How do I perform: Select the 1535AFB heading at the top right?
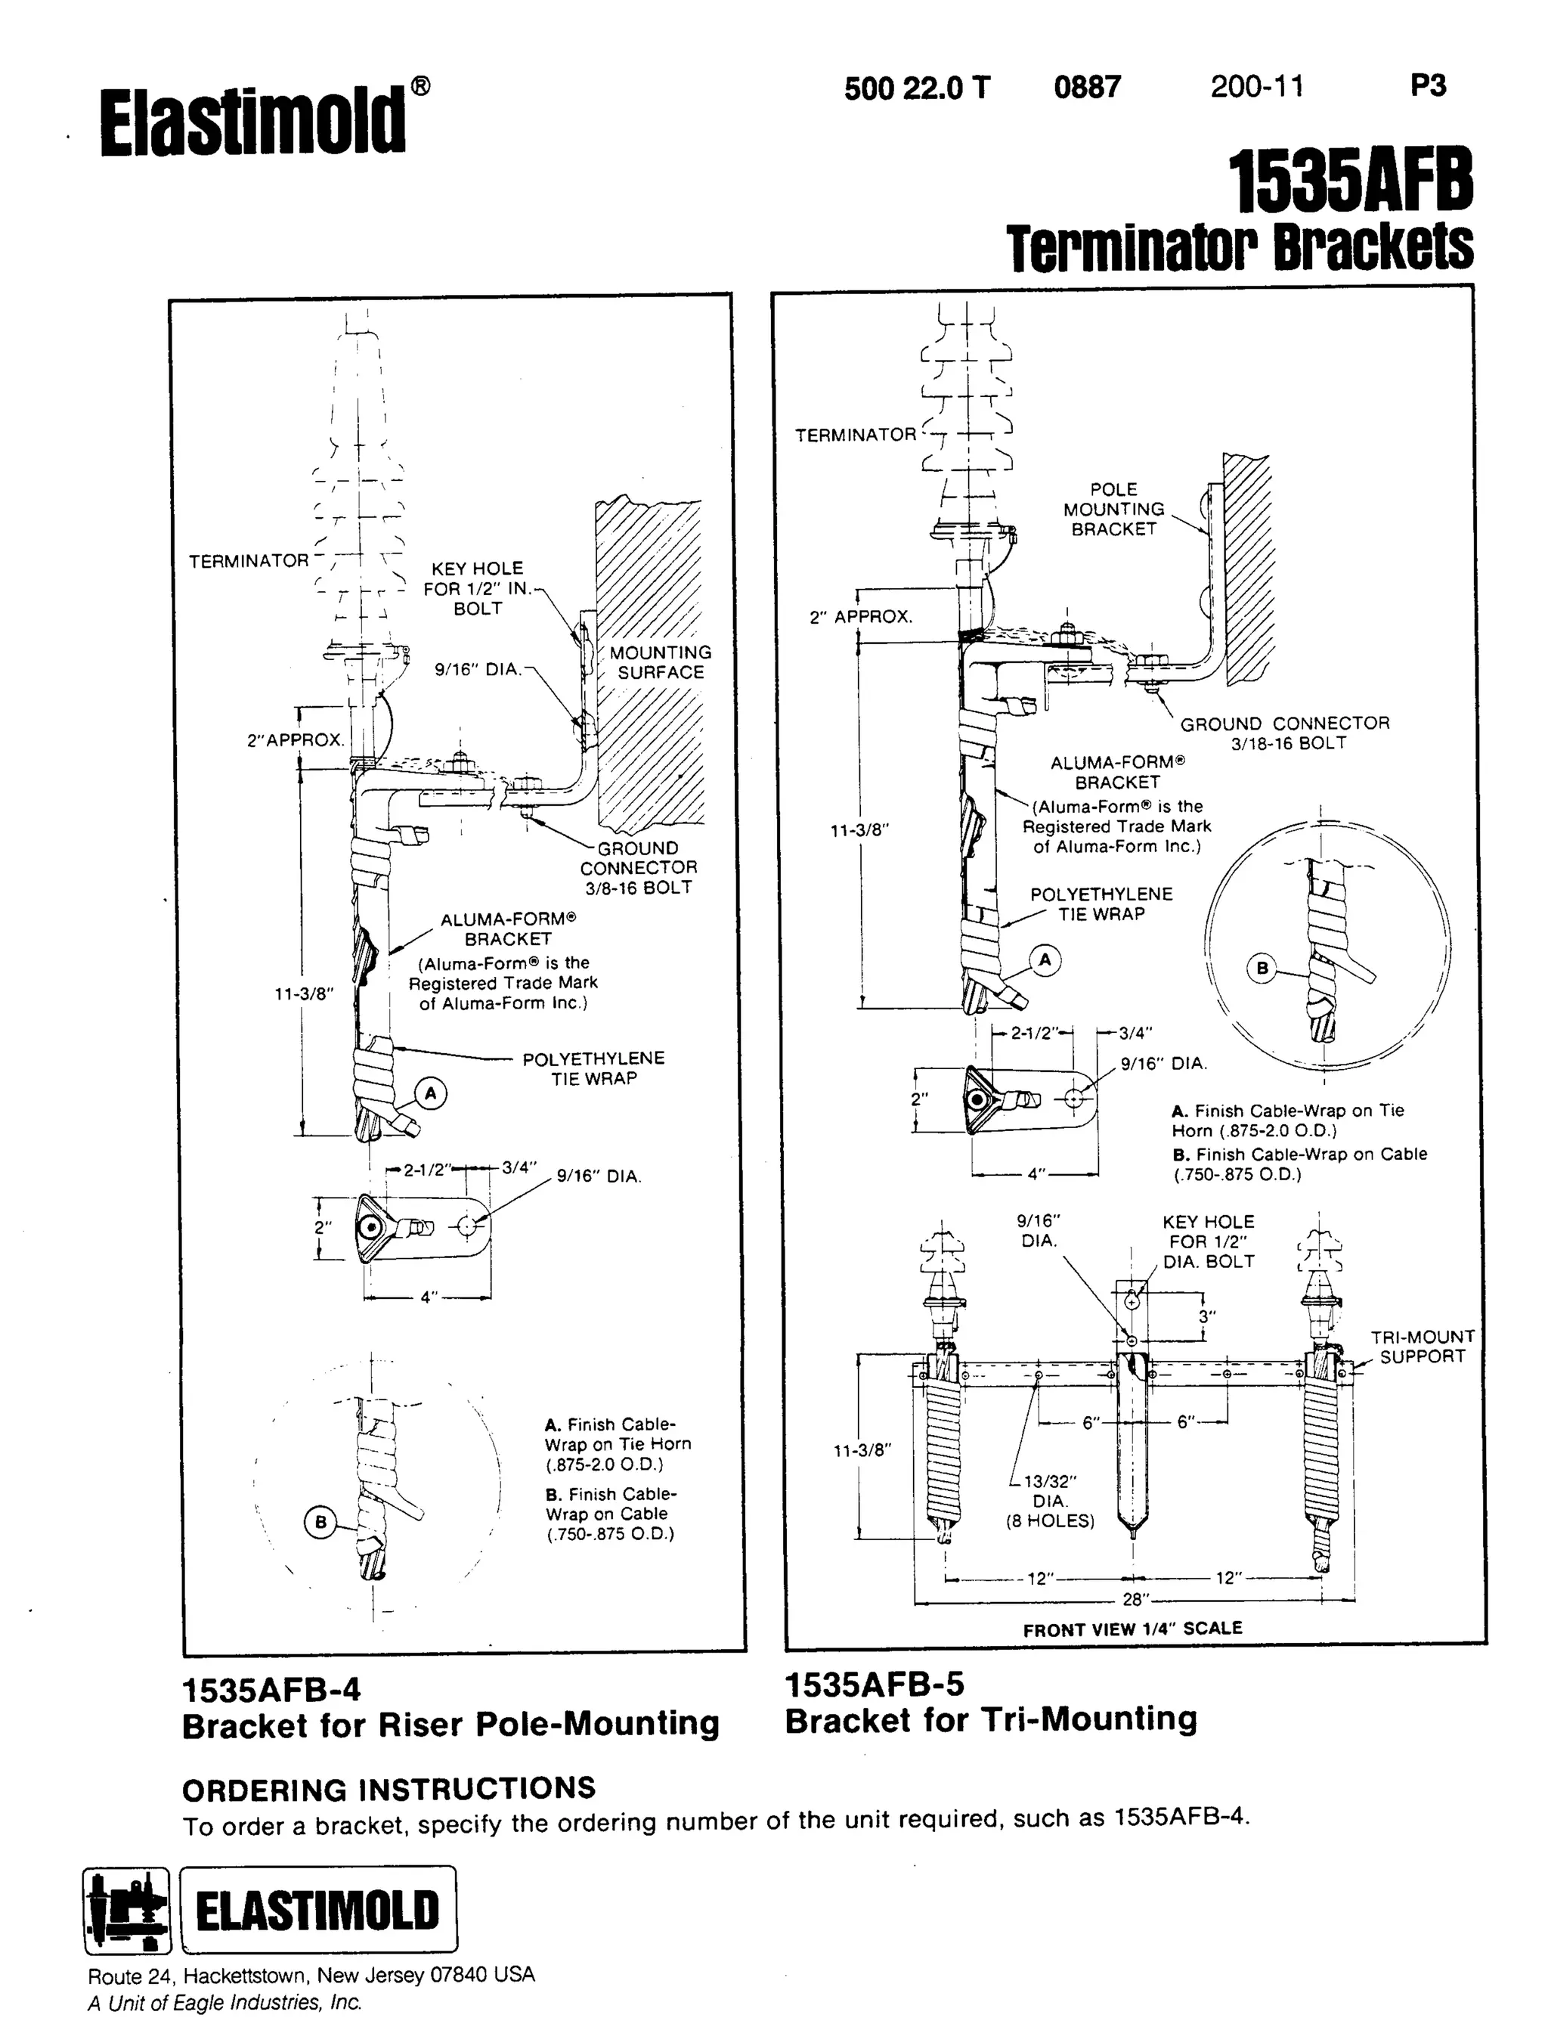(x=1350, y=181)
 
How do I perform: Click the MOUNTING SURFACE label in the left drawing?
(x=660, y=662)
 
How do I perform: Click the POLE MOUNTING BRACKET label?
(x=1113, y=509)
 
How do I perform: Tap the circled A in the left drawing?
(x=430, y=1094)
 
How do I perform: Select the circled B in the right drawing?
(x=1262, y=968)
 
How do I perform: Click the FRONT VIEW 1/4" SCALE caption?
(x=1132, y=1629)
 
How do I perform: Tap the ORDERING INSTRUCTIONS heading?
(x=389, y=1789)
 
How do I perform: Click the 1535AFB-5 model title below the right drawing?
(x=875, y=1685)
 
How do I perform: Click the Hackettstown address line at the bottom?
(x=311, y=1975)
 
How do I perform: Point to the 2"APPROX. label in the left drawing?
(x=295, y=739)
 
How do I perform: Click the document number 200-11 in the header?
(x=1257, y=87)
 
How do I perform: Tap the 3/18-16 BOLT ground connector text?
(x=1288, y=743)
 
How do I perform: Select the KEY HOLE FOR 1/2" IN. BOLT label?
(x=477, y=588)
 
